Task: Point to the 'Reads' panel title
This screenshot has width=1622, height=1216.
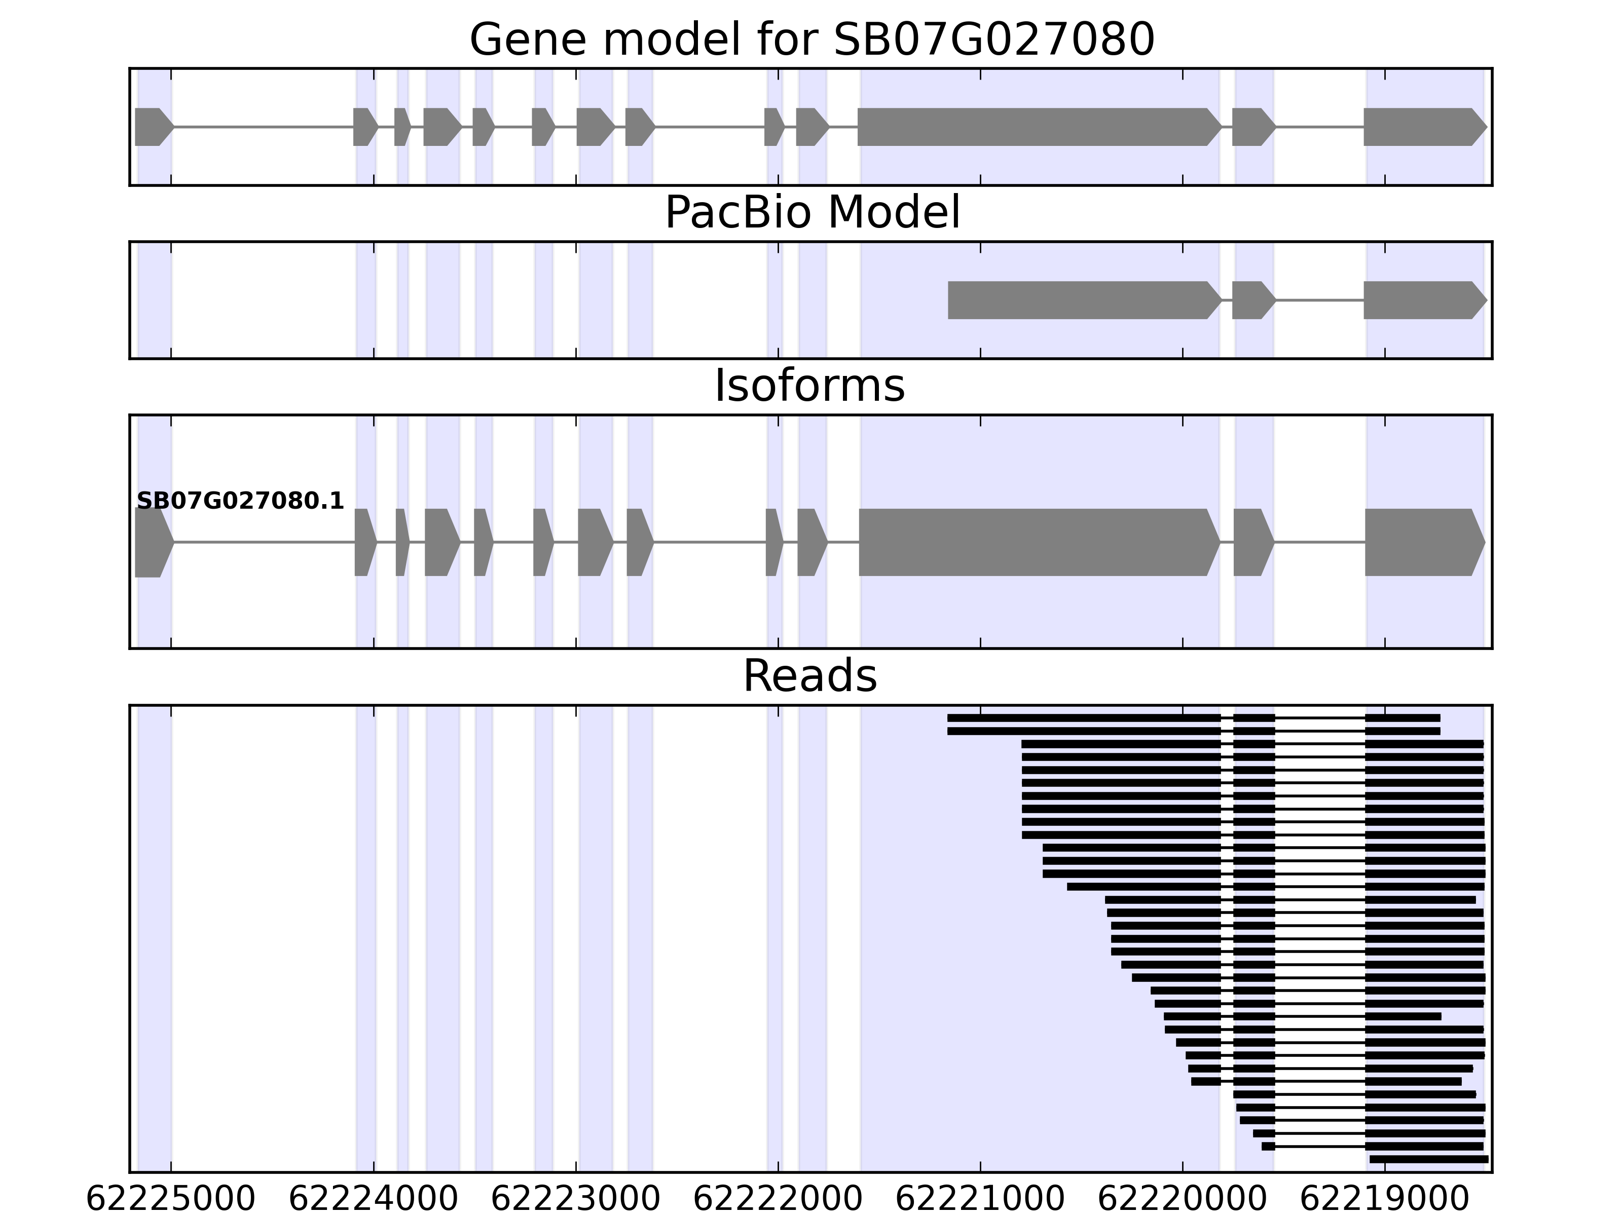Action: point(809,676)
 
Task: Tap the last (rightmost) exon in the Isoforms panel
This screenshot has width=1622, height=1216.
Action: point(1423,543)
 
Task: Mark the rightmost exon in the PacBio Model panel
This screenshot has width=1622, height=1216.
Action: point(1423,300)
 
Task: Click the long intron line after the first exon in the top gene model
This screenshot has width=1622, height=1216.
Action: point(264,127)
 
